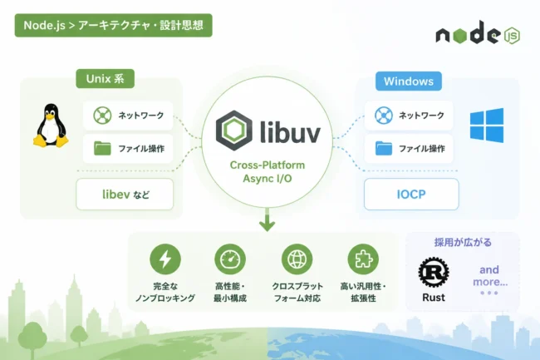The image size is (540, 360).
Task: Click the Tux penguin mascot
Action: point(51,126)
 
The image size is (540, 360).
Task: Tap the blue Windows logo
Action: point(487,126)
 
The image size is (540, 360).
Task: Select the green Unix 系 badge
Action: point(105,78)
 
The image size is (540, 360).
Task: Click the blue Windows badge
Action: point(409,81)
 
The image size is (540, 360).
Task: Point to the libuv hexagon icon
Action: point(233,131)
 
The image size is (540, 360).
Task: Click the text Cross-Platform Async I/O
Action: point(268,171)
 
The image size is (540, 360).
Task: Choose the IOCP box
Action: point(411,195)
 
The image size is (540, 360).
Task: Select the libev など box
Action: point(125,195)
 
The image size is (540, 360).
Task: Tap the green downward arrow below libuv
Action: point(267,219)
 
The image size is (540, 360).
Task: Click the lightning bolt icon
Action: point(165,259)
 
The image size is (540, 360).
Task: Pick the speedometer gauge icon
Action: point(230,259)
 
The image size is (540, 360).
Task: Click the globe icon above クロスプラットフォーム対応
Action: point(297,259)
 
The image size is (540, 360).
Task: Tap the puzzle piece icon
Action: point(363,259)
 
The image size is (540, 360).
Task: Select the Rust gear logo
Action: point(434,272)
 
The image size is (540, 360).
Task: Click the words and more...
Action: point(490,275)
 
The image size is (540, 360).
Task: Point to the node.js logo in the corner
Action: point(478,32)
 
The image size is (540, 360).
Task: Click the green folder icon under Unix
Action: point(102,148)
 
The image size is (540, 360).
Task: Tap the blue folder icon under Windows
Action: point(384,148)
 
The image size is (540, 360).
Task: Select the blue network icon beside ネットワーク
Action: point(384,115)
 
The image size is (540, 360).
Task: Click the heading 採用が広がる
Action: point(463,243)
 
